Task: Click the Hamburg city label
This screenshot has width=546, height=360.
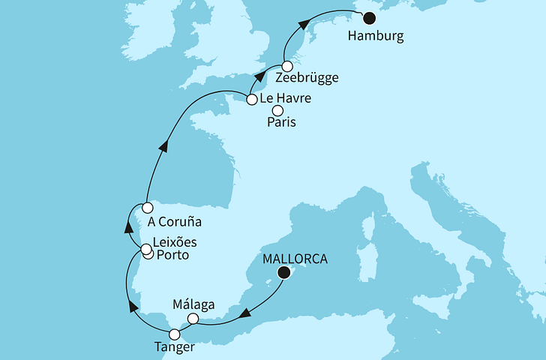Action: point(376,35)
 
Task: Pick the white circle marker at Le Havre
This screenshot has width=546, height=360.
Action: point(252,97)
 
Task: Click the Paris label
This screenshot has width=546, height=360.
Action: point(279,123)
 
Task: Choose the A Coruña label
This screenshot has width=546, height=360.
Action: point(175,222)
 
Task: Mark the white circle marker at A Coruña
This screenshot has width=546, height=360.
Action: point(148,207)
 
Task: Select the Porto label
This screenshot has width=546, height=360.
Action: point(172,256)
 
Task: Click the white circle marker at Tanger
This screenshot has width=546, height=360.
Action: point(175,334)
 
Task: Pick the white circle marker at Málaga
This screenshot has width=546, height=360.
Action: point(193,319)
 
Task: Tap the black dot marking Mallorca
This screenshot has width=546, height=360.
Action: point(283,274)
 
